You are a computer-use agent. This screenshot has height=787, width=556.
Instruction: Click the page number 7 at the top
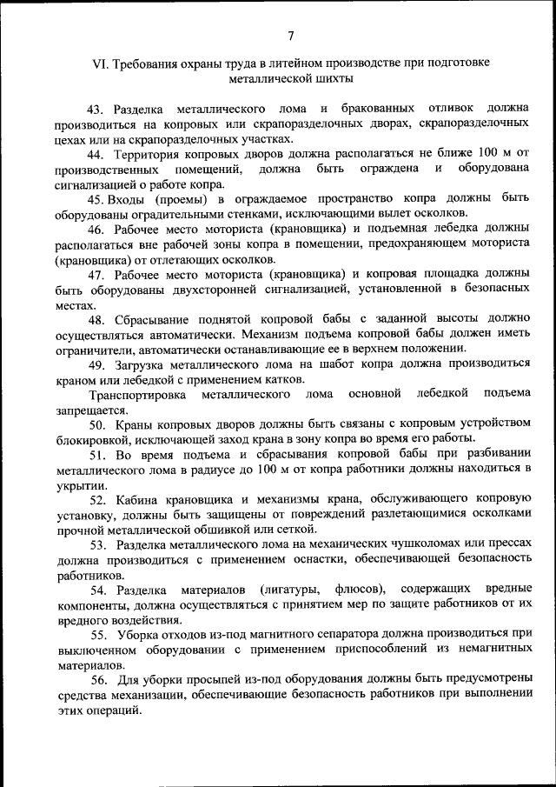tap(291, 36)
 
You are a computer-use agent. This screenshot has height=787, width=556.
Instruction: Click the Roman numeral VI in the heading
tap(101, 63)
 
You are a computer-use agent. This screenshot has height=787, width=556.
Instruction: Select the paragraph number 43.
tap(96, 109)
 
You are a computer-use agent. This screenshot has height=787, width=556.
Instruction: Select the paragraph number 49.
tap(96, 363)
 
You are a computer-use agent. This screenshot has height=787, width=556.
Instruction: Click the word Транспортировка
tap(137, 393)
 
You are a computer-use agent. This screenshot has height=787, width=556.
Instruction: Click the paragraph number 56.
tap(96, 679)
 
